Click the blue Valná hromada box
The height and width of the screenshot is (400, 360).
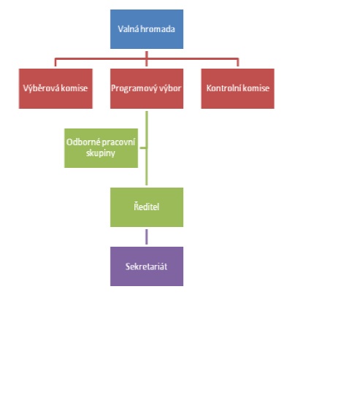pos(147,29)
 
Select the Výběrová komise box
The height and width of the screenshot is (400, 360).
pos(55,88)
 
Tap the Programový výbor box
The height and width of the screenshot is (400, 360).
pos(147,88)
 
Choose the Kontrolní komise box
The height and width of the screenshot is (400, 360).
pos(238,88)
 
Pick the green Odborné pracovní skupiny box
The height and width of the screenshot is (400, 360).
pos(101,148)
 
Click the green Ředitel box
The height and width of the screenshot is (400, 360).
pos(147,207)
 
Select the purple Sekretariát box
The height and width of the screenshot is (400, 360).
pos(147,266)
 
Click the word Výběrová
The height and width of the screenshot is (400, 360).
pos(38,88)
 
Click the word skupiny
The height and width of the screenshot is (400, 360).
pos(101,153)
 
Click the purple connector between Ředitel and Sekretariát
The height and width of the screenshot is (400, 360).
pos(147,236)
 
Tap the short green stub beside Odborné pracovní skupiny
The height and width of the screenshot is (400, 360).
pos(143,147)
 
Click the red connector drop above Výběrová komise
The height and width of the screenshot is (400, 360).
pos(55,63)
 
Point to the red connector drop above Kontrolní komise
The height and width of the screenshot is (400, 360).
pos(238,63)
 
